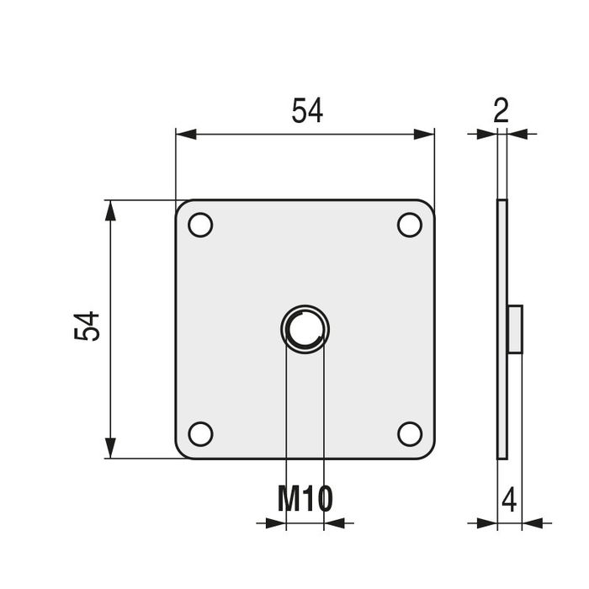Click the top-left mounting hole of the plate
(200, 226)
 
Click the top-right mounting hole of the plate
(410, 226)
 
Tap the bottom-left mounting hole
(200, 433)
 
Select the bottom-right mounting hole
(410, 433)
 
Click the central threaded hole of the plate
(305, 329)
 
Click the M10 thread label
(305, 499)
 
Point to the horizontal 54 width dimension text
(307, 111)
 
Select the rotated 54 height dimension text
(88, 326)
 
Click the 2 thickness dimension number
(501, 111)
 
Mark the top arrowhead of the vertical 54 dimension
(109, 210)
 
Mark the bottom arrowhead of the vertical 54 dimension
(109, 448)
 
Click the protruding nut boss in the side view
(515, 329)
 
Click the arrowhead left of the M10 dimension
(276, 523)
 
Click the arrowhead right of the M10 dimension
(334, 523)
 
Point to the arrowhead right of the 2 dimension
(517, 134)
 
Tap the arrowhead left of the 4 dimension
(487, 523)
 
